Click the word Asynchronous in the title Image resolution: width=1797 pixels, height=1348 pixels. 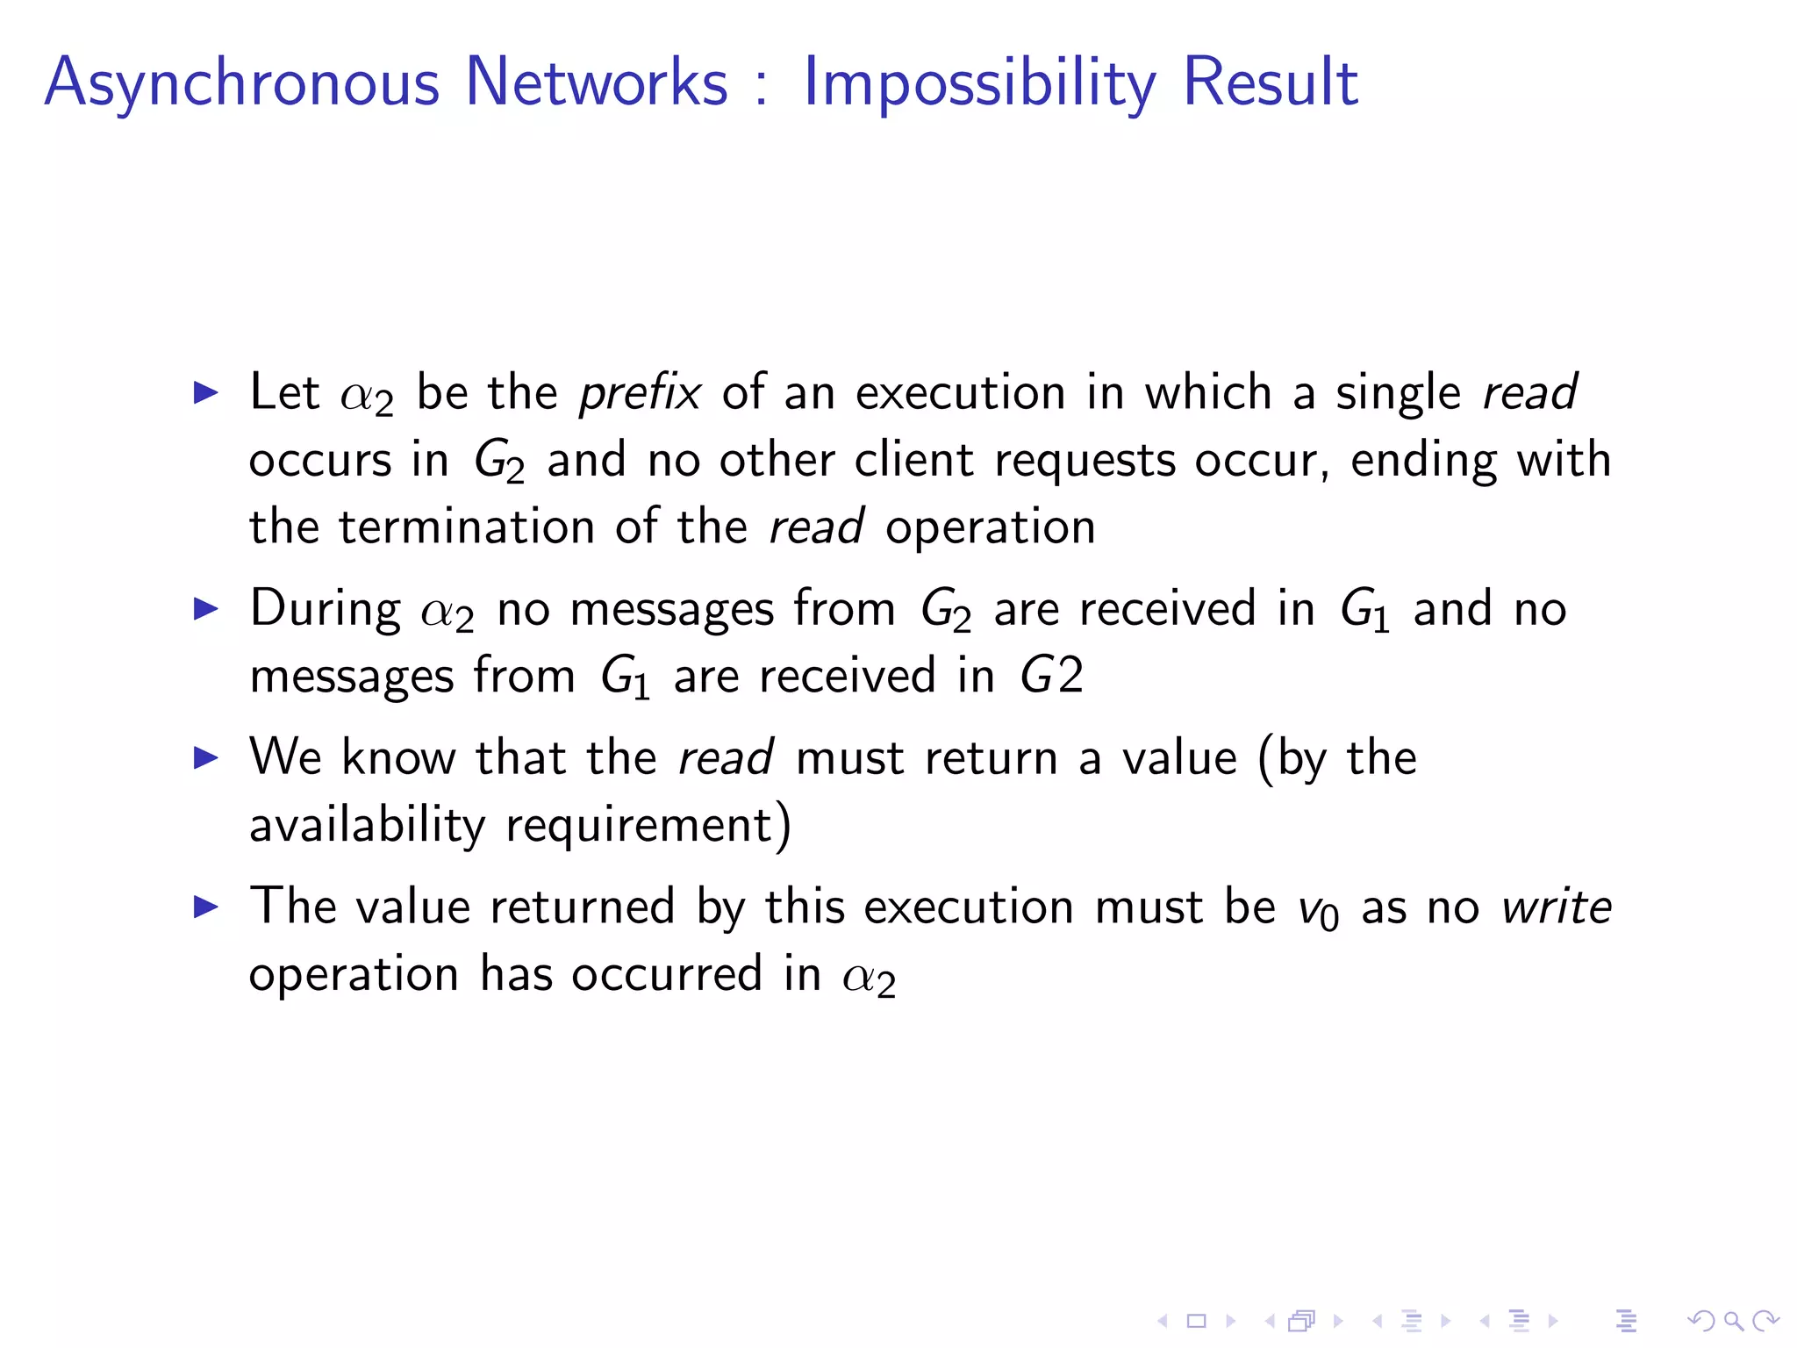tap(241, 82)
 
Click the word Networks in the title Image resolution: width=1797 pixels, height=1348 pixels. tap(597, 82)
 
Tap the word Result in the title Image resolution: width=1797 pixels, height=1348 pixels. tap(1271, 82)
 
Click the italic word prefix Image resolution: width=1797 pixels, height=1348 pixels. tap(640, 392)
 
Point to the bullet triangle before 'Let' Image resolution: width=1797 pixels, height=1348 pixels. tap(205, 392)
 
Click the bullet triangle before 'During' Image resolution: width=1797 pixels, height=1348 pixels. tap(205, 608)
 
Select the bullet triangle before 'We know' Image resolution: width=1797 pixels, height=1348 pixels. tap(205, 757)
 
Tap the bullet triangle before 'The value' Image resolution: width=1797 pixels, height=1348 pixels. tap(205, 907)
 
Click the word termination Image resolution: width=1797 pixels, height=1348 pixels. tap(467, 527)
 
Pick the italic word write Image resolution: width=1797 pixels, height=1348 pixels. tap(1556, 907)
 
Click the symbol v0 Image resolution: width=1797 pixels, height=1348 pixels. tap(1318, 911)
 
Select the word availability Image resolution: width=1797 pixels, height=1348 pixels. tap(367, 825)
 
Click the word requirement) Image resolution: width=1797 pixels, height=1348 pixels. tap(648, 825)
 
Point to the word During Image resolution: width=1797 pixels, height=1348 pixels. tap(326, 608)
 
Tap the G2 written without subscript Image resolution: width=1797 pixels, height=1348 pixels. tap(1051, 676)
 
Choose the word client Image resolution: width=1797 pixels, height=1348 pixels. tap(913, 460)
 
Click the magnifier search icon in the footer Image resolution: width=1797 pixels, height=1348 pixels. tap(1733, 1320)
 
